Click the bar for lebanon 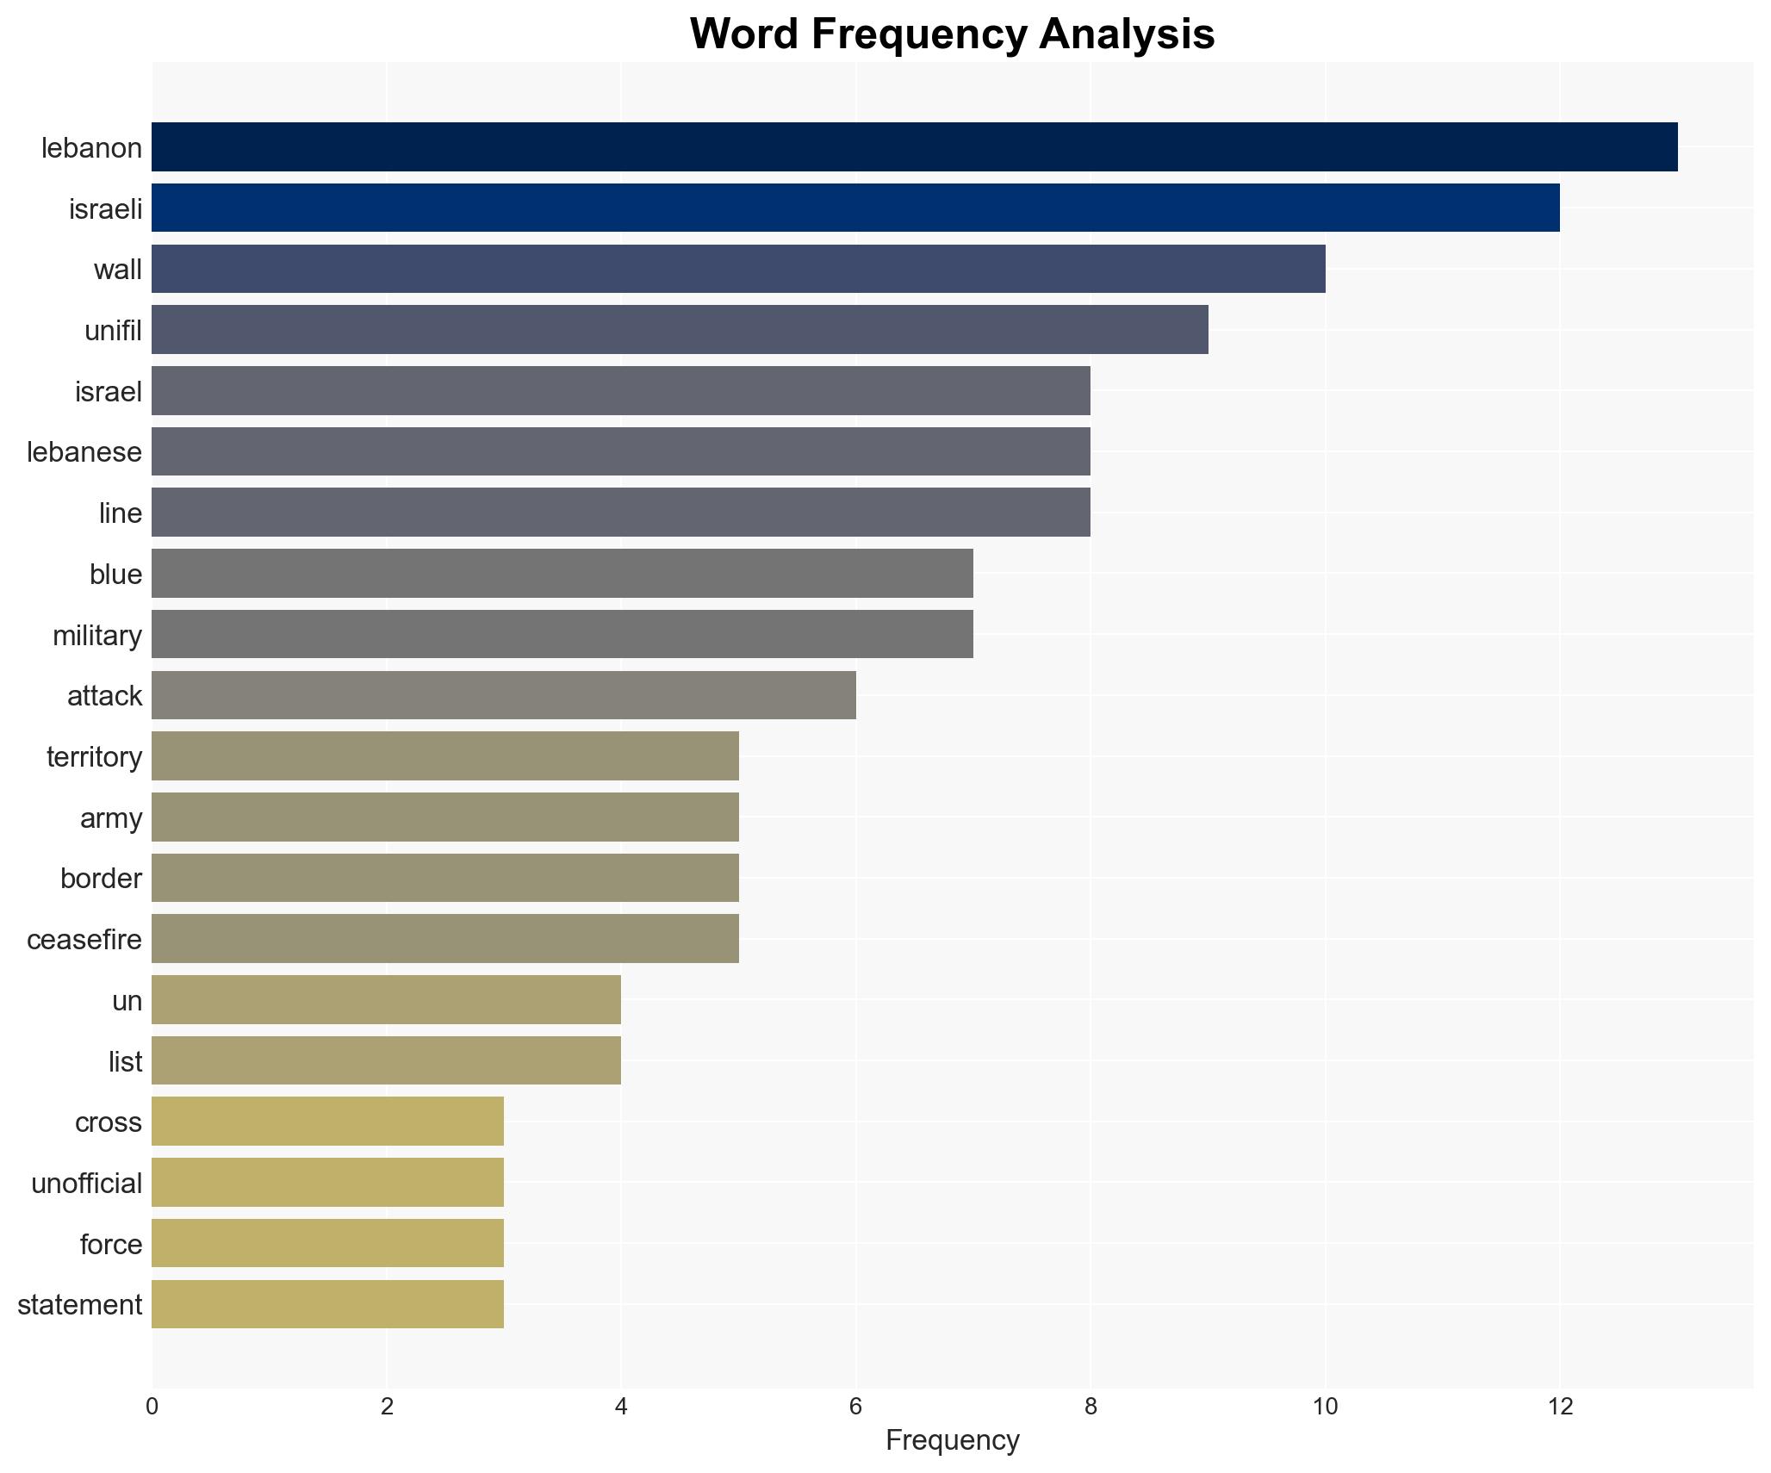pyautogui.click(x=914, y=147)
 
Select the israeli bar pyautogui.click(x=855, y=208)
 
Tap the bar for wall pyautogui.click(x=738, y=269)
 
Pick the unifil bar pyautogui.click(x=680, y=330)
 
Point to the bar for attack pyautogui.click(x=504, y=695)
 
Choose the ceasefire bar pyautogui.click(x=445, y=939)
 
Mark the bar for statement pyautogui.click(x=327, y=1304)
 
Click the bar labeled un pyautogui.click(x=386, y=1000)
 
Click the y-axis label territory pyautogui.click(x=94, y=756)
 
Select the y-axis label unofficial pyautogui.click(x=86, y=1183)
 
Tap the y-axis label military pyautogui.click(x=96, y=635)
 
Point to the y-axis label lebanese pyautogui.click(x=84, y=451)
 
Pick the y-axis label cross pyautogui.click(x=108, y=1122)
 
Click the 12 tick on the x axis pyautogui.click(x=1559, y=1407)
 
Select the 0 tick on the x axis pyautogui.click(x=152, y=1407)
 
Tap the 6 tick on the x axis pyautogui.click(x=855, y=1407)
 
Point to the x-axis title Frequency pyautogui.click(x=952, y=1440)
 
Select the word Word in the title pyautogui.click(x=743, y=34)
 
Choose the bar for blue pyautogui.click(x=562, y=574)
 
